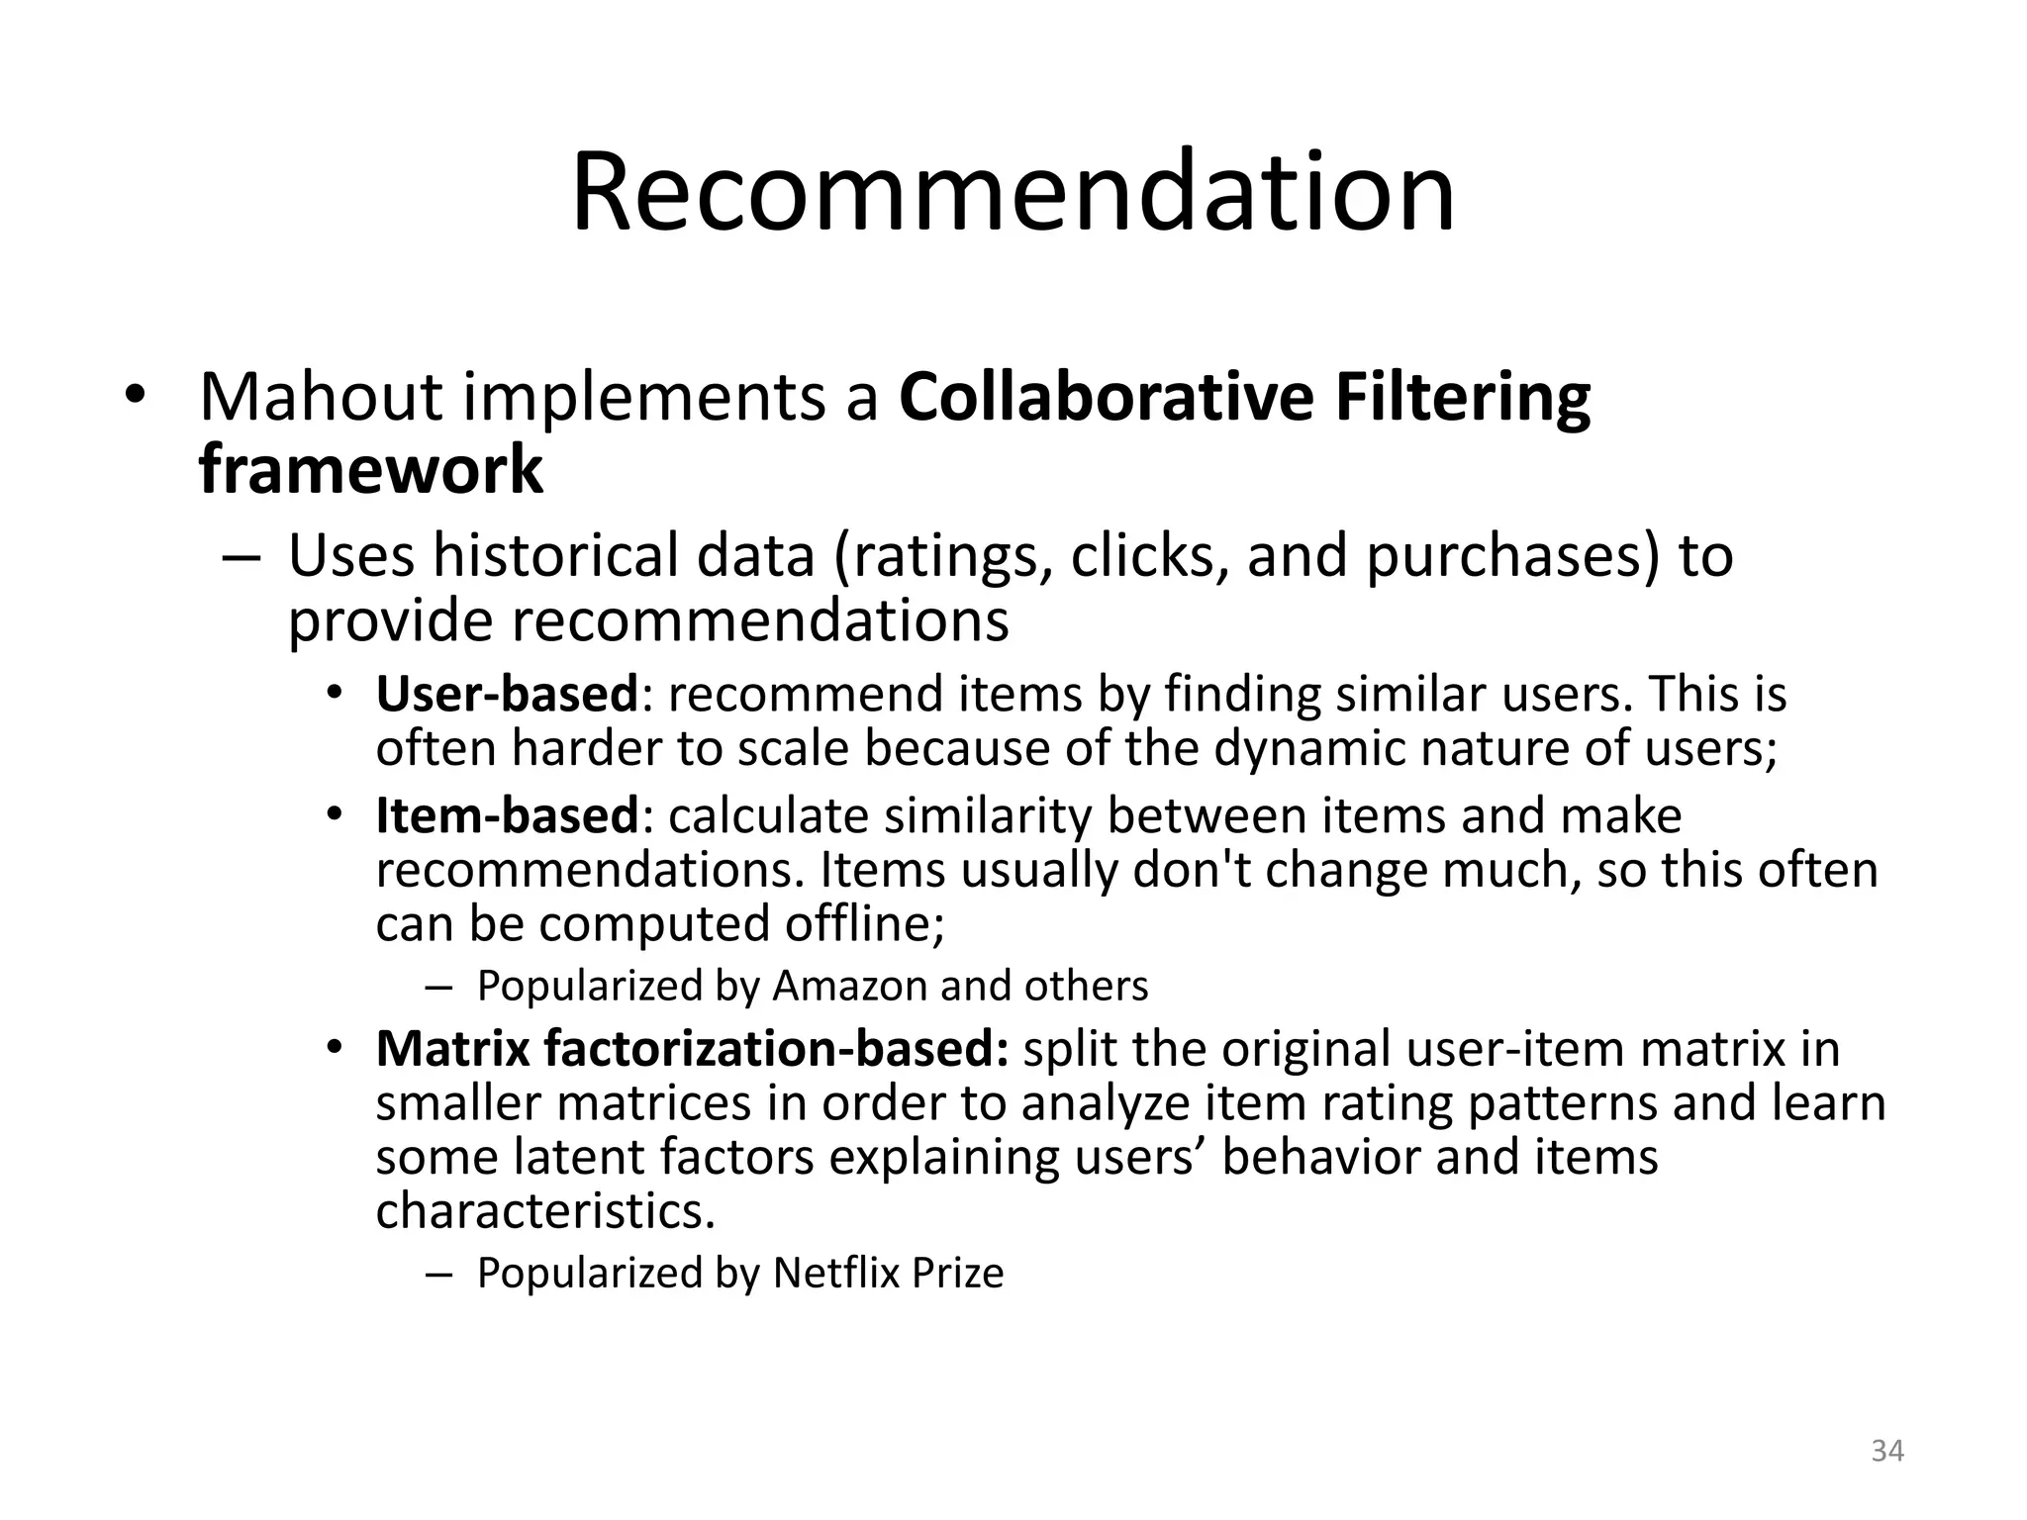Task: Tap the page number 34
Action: pos(1886,1451)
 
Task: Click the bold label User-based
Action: pos(507,694)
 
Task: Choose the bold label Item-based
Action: pos(507,816)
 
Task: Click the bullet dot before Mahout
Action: pos(136,396)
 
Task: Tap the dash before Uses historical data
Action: pos(241,556)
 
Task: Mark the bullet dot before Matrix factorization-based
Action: pos(336,1047)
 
